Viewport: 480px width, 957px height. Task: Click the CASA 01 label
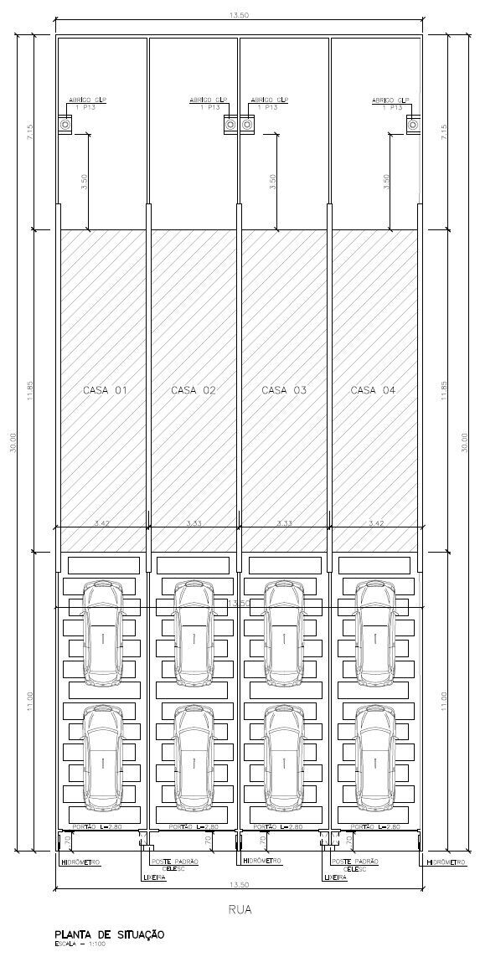105,390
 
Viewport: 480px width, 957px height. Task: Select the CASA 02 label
194,390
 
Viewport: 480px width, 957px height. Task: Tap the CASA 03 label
284,390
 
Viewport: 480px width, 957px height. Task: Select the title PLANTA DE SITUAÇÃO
110,934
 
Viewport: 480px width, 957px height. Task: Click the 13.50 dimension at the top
239,15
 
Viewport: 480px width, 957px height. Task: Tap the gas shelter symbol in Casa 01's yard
65,125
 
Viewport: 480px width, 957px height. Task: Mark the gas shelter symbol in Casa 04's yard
412,125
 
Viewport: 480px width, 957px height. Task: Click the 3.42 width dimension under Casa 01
102,523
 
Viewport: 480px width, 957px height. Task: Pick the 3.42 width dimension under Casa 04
376,523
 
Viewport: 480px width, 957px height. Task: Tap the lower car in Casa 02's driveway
194,757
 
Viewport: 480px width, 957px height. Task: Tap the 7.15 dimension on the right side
445,131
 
